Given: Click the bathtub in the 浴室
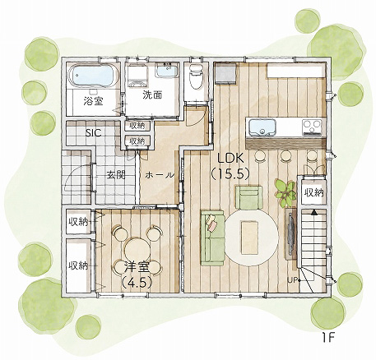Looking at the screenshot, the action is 93,76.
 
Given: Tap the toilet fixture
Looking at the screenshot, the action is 196,76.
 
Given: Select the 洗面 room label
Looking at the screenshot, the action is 152,95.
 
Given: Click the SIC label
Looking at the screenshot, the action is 93,132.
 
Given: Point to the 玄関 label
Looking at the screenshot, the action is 116,174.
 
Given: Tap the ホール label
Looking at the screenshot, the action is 160,175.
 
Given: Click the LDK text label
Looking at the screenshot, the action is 230,158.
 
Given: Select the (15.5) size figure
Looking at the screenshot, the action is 230,173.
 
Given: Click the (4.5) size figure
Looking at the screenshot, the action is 137,282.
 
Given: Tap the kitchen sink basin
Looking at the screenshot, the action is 262,127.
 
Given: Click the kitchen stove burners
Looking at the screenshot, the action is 312,127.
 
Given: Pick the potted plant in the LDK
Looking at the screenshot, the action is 285,192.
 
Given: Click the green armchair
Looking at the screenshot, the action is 249,198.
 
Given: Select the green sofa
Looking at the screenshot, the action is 212,238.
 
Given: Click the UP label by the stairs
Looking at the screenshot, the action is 291,280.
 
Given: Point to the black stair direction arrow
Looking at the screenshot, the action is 313,211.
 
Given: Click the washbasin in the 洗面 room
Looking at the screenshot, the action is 167,70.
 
